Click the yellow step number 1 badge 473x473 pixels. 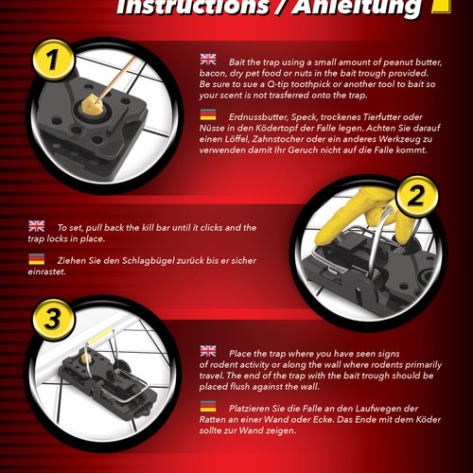tap(53, 60)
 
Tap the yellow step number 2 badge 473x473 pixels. tap(417, 196)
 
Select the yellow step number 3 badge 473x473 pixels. tap(53, 319)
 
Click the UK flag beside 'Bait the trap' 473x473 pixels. tap(208, 60)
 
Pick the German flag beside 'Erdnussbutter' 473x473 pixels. tap(208, 114)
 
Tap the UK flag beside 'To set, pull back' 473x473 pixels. tap(37, 226)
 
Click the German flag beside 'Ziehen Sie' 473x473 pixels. tap(37, 259)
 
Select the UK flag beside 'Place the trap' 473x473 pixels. tap(208, 351)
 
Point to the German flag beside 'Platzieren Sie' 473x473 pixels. tap(208, 406)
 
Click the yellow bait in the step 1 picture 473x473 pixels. tap(91, 105)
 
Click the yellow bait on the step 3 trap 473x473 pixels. tap(86, 358)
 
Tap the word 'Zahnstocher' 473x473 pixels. tap(278, 139)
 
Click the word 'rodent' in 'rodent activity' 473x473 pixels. tap(223, 365)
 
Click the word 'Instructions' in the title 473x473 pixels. tap(193, 7)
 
